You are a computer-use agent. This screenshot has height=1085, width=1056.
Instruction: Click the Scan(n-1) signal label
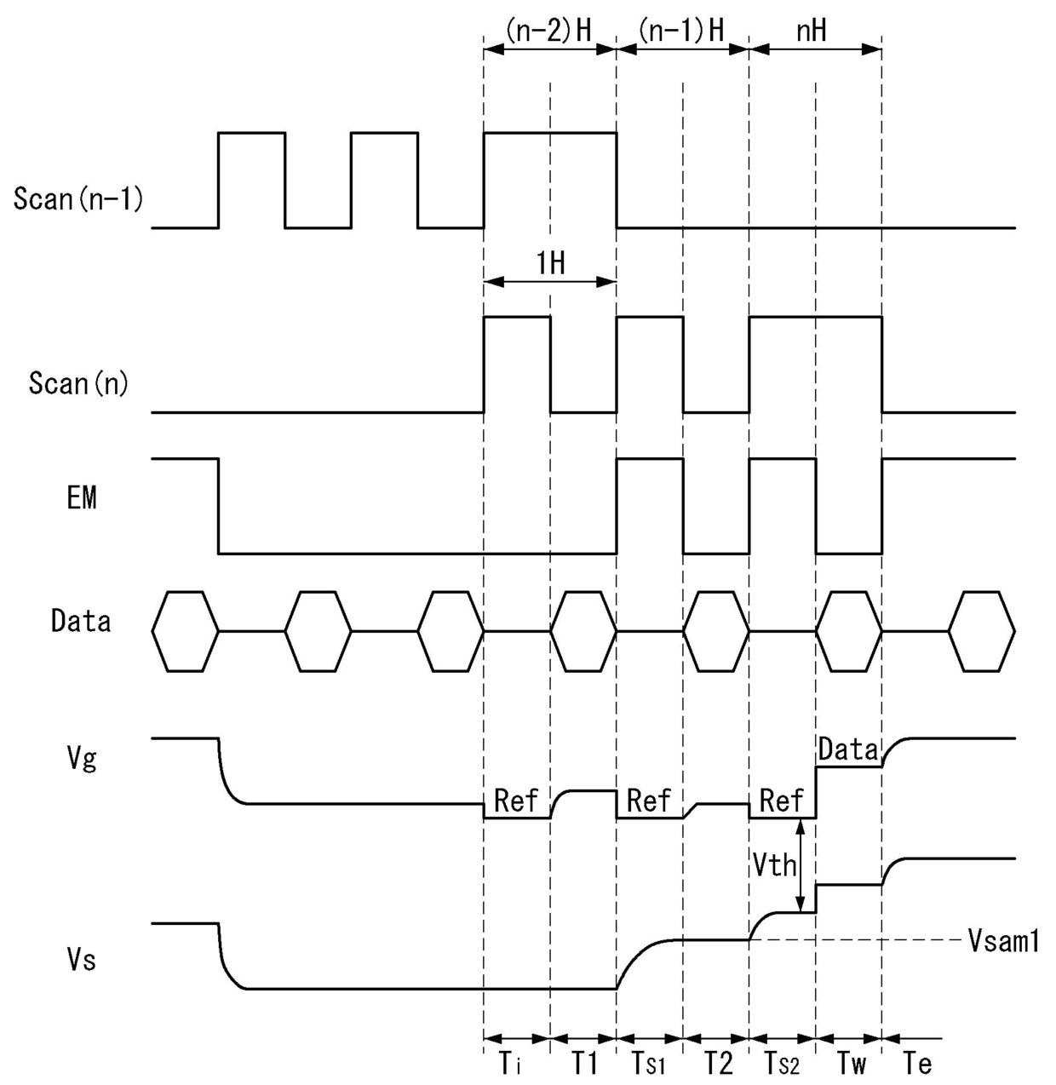coord(77,199)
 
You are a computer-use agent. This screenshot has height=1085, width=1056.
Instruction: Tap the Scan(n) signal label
coord(78,383)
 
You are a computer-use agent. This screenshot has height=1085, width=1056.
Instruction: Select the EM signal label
coord(82,498)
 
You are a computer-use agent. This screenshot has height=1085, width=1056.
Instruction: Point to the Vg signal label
coord(82,757)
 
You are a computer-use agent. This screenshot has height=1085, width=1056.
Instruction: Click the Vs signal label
coord(82,961)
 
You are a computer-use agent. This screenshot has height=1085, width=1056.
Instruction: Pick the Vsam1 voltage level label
coord(1004,941)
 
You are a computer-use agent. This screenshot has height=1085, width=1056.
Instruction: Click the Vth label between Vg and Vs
coord(775,865)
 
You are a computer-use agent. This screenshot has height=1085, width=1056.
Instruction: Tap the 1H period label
coord(550,263)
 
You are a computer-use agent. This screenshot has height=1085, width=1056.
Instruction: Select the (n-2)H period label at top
coord(549,31)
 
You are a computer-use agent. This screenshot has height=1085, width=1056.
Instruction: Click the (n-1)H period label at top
coord(681,31)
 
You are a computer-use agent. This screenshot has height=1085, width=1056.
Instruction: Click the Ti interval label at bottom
coord(509,1064)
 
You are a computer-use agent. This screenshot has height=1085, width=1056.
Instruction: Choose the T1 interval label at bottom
coord(583,1064)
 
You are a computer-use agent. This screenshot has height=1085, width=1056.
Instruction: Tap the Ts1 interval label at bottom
coord(649,1064)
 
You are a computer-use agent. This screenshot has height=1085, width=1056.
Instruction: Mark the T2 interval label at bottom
coord(718,1064)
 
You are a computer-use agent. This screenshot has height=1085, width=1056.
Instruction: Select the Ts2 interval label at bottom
coord(782,1064)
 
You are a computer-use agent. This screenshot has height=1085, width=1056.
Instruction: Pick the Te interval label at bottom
coord(917,1064)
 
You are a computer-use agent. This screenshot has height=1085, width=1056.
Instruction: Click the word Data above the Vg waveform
coord(848,749)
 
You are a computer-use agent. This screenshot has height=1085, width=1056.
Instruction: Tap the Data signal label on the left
coord(81,621)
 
